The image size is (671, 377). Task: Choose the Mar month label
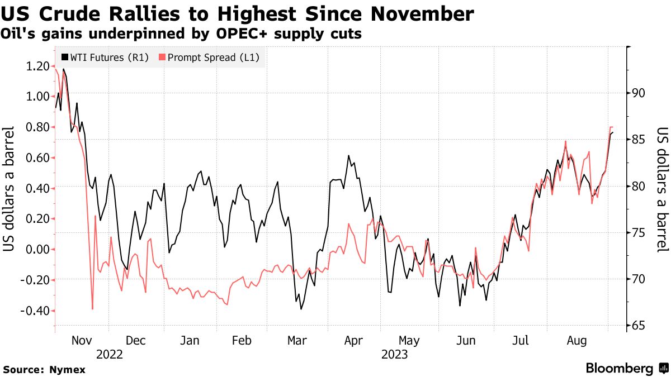click(x=296, y=340)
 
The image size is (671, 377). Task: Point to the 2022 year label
click(x=110, y=354)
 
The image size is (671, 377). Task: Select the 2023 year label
click(x=394, y=354)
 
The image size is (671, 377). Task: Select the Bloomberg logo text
click(x=619, y=369)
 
